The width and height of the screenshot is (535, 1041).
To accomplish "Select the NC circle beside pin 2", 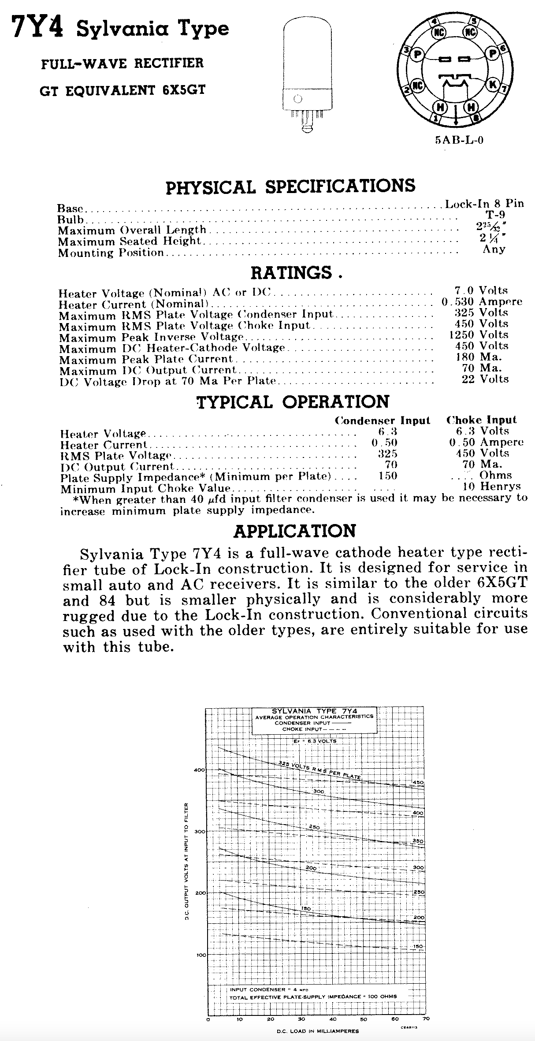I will [417, 86].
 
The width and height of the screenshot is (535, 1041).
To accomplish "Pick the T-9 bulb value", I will [495, 216].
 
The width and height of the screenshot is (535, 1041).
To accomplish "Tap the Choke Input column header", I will [481, 420].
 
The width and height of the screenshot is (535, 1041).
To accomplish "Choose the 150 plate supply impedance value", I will [388, 476].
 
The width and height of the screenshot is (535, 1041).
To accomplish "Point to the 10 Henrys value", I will [491, 487].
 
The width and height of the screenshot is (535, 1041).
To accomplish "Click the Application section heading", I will [294, 531].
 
